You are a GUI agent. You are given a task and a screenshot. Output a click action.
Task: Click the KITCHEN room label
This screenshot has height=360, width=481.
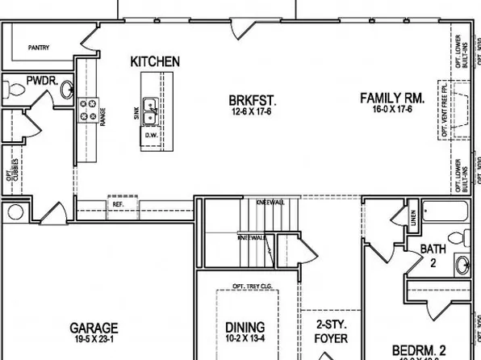tap(155, 61)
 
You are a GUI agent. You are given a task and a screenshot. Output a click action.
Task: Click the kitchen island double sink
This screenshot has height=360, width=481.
tap(150, 104)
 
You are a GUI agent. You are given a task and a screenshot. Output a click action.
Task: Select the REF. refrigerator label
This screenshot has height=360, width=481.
tap(118, 204)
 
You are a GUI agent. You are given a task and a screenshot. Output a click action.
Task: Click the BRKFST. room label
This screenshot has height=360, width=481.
tap(253, 101)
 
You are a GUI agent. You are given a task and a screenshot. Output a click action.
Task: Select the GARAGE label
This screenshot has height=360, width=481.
tap(94, 329)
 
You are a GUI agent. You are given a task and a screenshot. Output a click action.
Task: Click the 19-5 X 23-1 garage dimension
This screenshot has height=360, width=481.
tap(94, 340)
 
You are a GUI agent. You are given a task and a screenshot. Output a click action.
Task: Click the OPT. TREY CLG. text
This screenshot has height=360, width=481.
tap(251, 287)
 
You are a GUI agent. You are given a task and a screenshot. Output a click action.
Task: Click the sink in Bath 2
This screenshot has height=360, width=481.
tap(461, 263)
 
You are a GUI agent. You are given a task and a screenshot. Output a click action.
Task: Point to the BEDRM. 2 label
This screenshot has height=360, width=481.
tap(420, 350)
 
